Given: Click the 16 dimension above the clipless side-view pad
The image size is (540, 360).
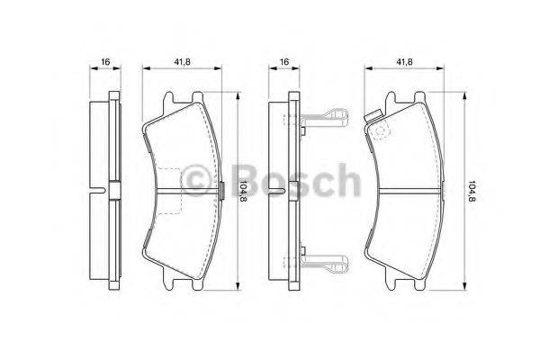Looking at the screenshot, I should point(105,61).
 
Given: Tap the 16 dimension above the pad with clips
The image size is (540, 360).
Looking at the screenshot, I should point(284,61).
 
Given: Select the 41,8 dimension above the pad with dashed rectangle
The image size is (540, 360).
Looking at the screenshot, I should point(181,61).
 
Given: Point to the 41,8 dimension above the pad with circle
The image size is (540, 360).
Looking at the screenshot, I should point(404,61).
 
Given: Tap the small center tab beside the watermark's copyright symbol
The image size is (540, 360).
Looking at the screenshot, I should point(221,190).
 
